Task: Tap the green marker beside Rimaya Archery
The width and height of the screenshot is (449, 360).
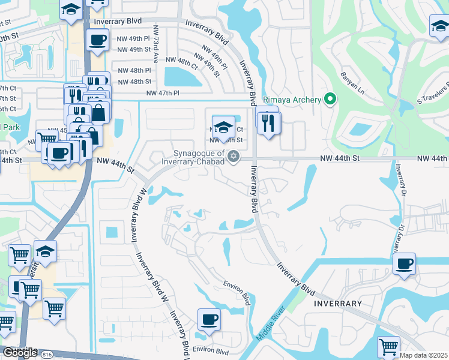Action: (329, 100)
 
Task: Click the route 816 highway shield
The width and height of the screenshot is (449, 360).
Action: (47, 355)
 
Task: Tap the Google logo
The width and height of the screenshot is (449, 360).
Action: (20, 353)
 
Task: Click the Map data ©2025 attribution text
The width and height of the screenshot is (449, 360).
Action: (424, 355)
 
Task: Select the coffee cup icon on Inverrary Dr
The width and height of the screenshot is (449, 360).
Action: (404, 263)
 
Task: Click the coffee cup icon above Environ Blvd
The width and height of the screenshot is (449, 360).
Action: (209, 319)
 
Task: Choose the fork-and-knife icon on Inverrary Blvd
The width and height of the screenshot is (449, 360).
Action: (268, 122)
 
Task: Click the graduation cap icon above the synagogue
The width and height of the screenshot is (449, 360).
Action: (223, 127)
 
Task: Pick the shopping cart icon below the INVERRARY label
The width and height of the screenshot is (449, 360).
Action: (388, 346)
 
